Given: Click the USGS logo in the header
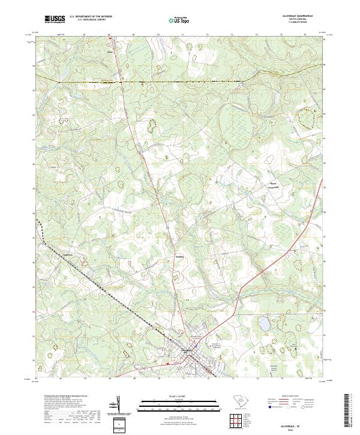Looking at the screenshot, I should pos(55,19).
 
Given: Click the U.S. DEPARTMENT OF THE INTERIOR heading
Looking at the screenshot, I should pos(91,17).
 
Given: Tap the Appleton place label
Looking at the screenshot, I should pos(71,255).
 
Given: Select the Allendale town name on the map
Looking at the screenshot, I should pos(187,350).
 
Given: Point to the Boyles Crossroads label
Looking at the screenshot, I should pos(259,186).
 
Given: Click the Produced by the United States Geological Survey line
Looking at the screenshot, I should pos(66,397).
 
